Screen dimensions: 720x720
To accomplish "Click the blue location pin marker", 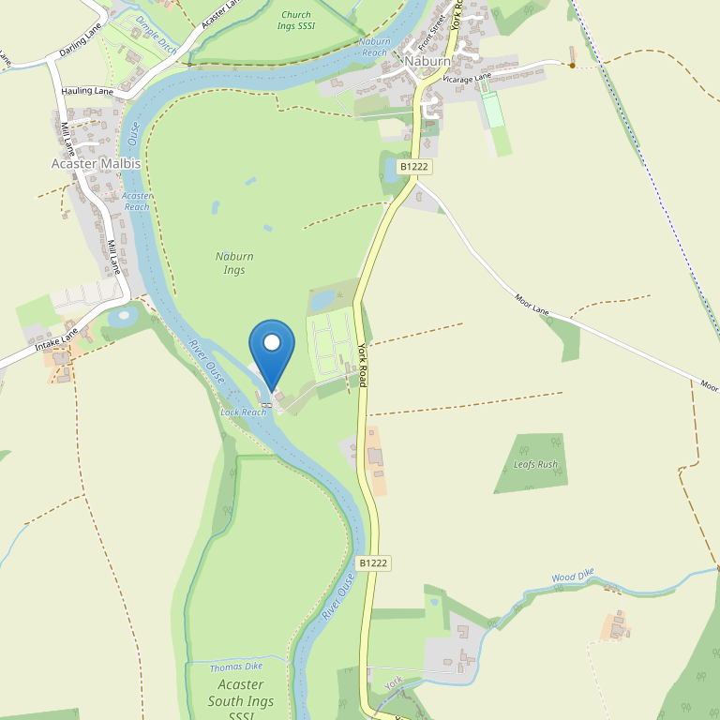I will click(x=272, y=352).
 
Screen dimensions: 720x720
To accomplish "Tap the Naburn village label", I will click(x=428, y=61).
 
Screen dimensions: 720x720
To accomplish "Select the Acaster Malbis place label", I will click(x=95, y=163).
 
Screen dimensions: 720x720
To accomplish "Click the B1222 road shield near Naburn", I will click(x=413, y=166).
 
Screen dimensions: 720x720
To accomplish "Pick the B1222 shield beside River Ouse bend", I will click(x=373, y=563).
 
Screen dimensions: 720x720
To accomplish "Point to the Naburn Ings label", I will click(x=234, y=262).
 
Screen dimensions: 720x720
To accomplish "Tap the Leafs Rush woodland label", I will click(x=535, y=464).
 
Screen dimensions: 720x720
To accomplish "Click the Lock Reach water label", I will click(x=243, y=412).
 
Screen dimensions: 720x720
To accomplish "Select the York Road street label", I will click(x=362, y=366).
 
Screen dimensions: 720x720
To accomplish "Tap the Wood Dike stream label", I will click(x=573, y=577).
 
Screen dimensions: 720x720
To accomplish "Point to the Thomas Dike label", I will click(x=235, y=667).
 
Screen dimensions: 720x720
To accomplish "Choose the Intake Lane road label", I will click(x=56, y=345).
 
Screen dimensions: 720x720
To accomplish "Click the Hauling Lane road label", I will click(x=86, y=92).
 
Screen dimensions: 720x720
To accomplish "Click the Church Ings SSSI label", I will click(x=296, y=21).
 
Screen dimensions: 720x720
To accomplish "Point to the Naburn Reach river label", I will click(x=374, y=47).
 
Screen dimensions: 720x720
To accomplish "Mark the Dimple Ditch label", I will click(x=156, y=32).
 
